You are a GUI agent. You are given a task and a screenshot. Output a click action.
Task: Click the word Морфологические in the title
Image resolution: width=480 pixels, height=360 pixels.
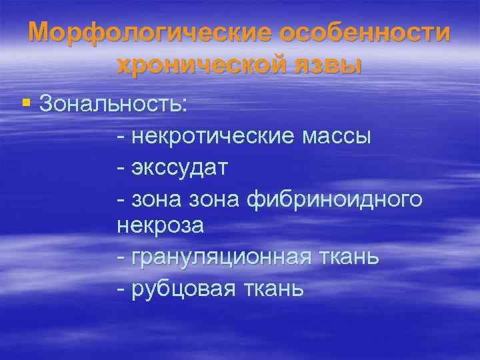[149, 33]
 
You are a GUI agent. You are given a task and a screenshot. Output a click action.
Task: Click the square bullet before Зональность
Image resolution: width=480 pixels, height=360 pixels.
[25, 103]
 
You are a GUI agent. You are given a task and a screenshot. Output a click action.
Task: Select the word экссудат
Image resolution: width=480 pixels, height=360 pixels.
[179, 167]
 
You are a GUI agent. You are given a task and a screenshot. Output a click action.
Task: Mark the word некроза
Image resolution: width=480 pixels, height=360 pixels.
[161, 226]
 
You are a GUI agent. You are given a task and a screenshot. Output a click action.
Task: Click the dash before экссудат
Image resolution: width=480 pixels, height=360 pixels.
[120, 167]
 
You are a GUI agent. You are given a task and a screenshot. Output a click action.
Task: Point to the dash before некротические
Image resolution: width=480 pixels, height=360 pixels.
[120, 137]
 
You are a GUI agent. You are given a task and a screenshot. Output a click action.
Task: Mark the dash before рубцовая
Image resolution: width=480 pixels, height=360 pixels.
[120, 288]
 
